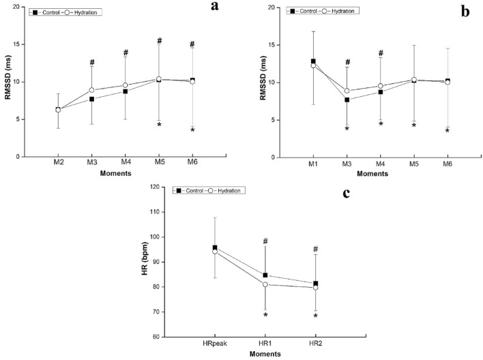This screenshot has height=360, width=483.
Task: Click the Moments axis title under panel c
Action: pos(284,355)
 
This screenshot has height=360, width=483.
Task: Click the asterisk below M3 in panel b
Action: pos(347,129)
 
